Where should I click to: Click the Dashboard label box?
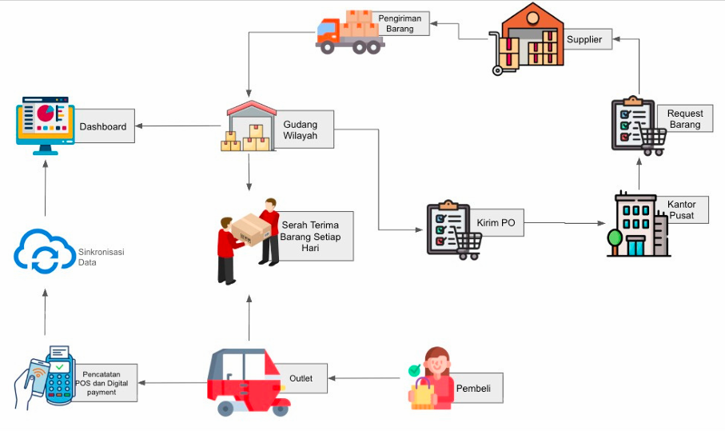click(x=104, y=126)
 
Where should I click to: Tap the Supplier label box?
click(x=584, y=38)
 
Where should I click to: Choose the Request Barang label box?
click(x=684, y=119)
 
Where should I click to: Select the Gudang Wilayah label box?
click(x=304, y=130)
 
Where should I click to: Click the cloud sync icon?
click(x=43, y=250)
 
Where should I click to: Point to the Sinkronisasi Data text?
click(x=102, y=257)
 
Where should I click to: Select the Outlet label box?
click(x=301, y=378)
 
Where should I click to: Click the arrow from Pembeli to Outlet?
click(x=364, y=378)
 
